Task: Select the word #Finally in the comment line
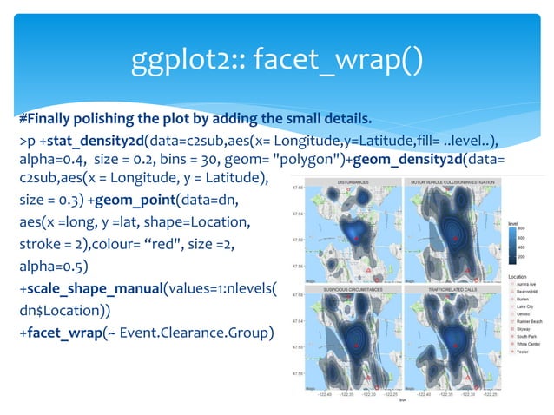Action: (45, 119)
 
